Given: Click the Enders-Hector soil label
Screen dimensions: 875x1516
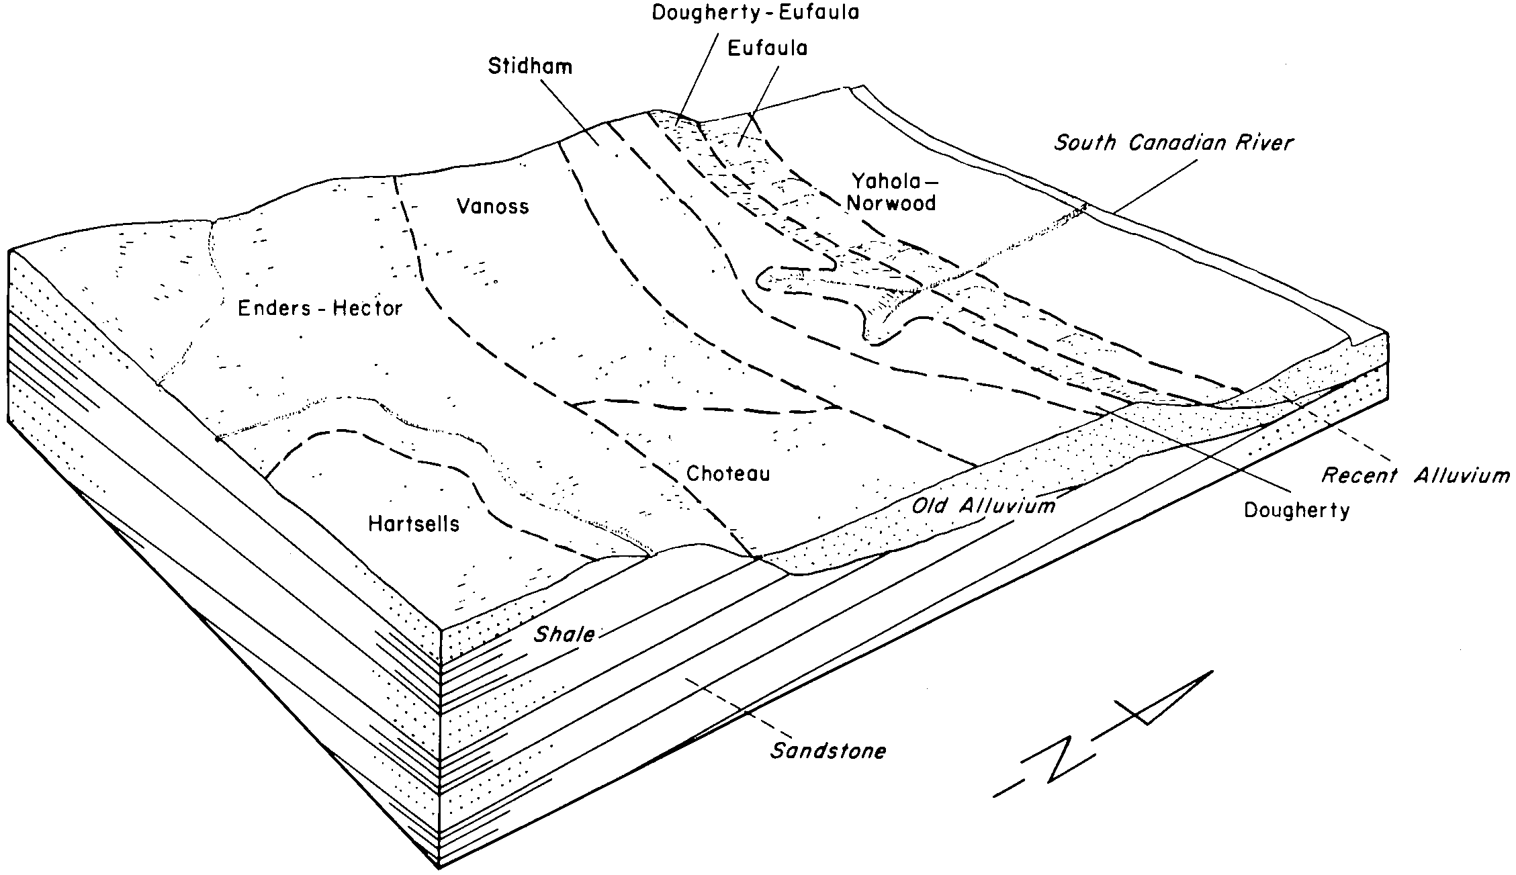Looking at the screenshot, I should pyautogui.click(x=320, y=308).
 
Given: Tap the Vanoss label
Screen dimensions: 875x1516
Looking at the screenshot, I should pyautogui.click(x=492, y=205).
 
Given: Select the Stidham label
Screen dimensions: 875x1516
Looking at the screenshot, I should pyautogui.click(x=530, y=66).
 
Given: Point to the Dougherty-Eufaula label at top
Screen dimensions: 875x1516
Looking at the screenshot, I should pyautogui.click(x=756, y=13).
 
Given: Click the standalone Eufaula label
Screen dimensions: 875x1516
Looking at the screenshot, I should pyautogui.click(x=767, y=48).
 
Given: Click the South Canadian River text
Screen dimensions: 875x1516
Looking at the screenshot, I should pyautogui.click(x=1173, y=142).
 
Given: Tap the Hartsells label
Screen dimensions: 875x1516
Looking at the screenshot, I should pyautogui.click(x=414, y=524).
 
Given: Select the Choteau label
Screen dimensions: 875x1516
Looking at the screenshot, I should pyautogui.click(x=728, y=473).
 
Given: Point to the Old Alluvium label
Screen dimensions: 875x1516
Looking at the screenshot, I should pyautogui.click(x=983, y=505).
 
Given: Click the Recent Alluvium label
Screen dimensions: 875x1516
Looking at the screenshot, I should pyautogui.click(x=1415, y=475).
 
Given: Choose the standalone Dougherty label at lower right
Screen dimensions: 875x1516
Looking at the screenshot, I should pyautogui.click(x=1296, y=510).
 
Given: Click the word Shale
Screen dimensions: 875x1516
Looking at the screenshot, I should pyautogui.click(x=564, y=635).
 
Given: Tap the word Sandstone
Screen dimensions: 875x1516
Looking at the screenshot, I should pyautogui.click(x=828, y=750).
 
